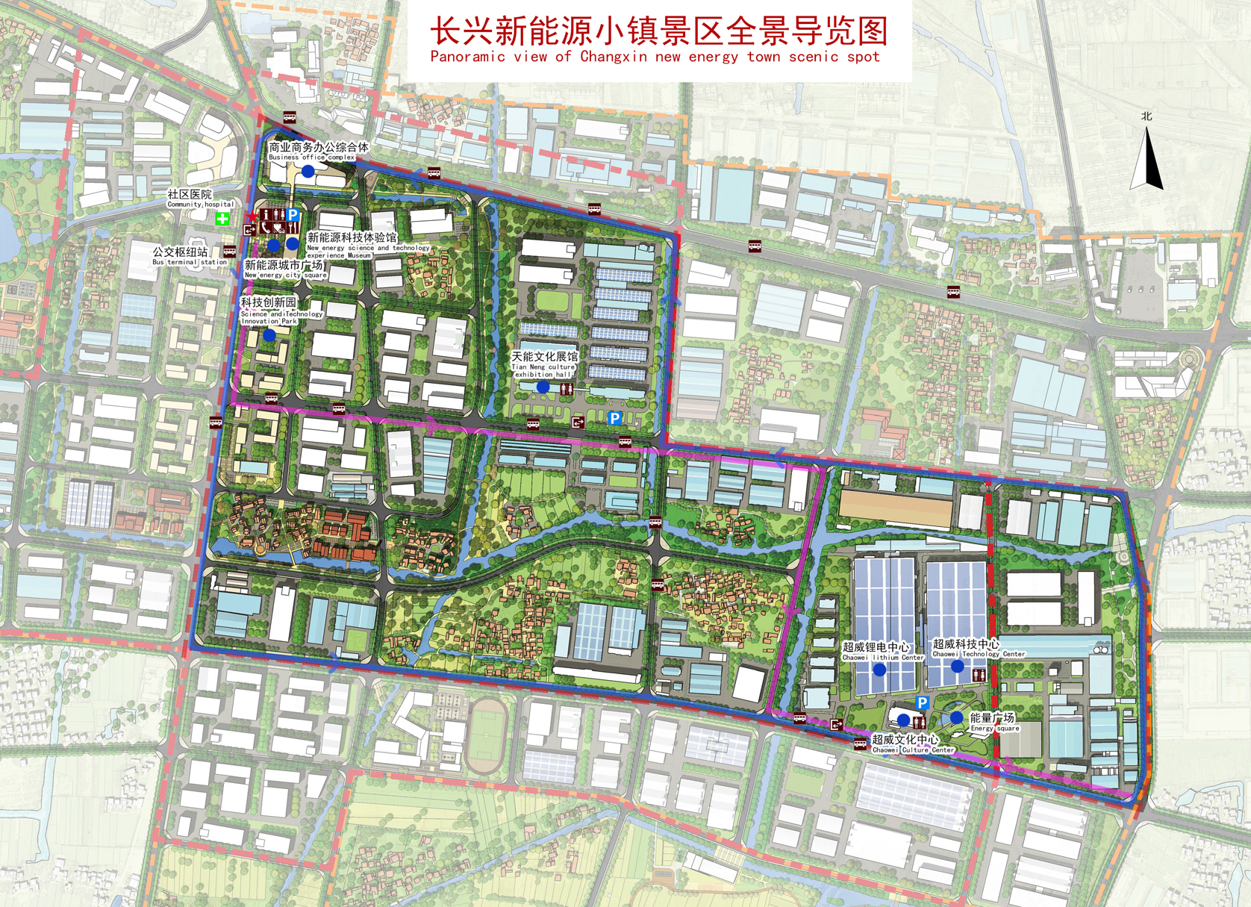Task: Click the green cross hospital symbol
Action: tap(222, 219)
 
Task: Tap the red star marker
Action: tap(252, 216)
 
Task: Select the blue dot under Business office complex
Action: tap(308, 171)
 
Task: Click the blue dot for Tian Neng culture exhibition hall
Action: tap(543, 387)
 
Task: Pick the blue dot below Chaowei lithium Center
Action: tap(879, 670)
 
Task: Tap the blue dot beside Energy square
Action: tap(956, 717)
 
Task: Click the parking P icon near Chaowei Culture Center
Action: tap(922, 702)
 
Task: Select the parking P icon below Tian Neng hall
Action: tap(614, 418)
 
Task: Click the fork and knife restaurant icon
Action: tap(292, 228)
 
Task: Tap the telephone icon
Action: tap(266, 228)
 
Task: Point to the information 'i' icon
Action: tap(266, 215)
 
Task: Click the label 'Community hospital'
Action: tap(200, 204)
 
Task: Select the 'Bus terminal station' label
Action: tap(190, 262)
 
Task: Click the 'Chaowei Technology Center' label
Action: tap(979, 654)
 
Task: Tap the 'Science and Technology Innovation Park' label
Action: tap(281, 317)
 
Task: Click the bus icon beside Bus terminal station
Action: tap(229, 252)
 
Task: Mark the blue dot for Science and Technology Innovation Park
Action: tap(269, 336)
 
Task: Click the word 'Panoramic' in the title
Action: tap(467, 57)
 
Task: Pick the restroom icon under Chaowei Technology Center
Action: tap(979, 676)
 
